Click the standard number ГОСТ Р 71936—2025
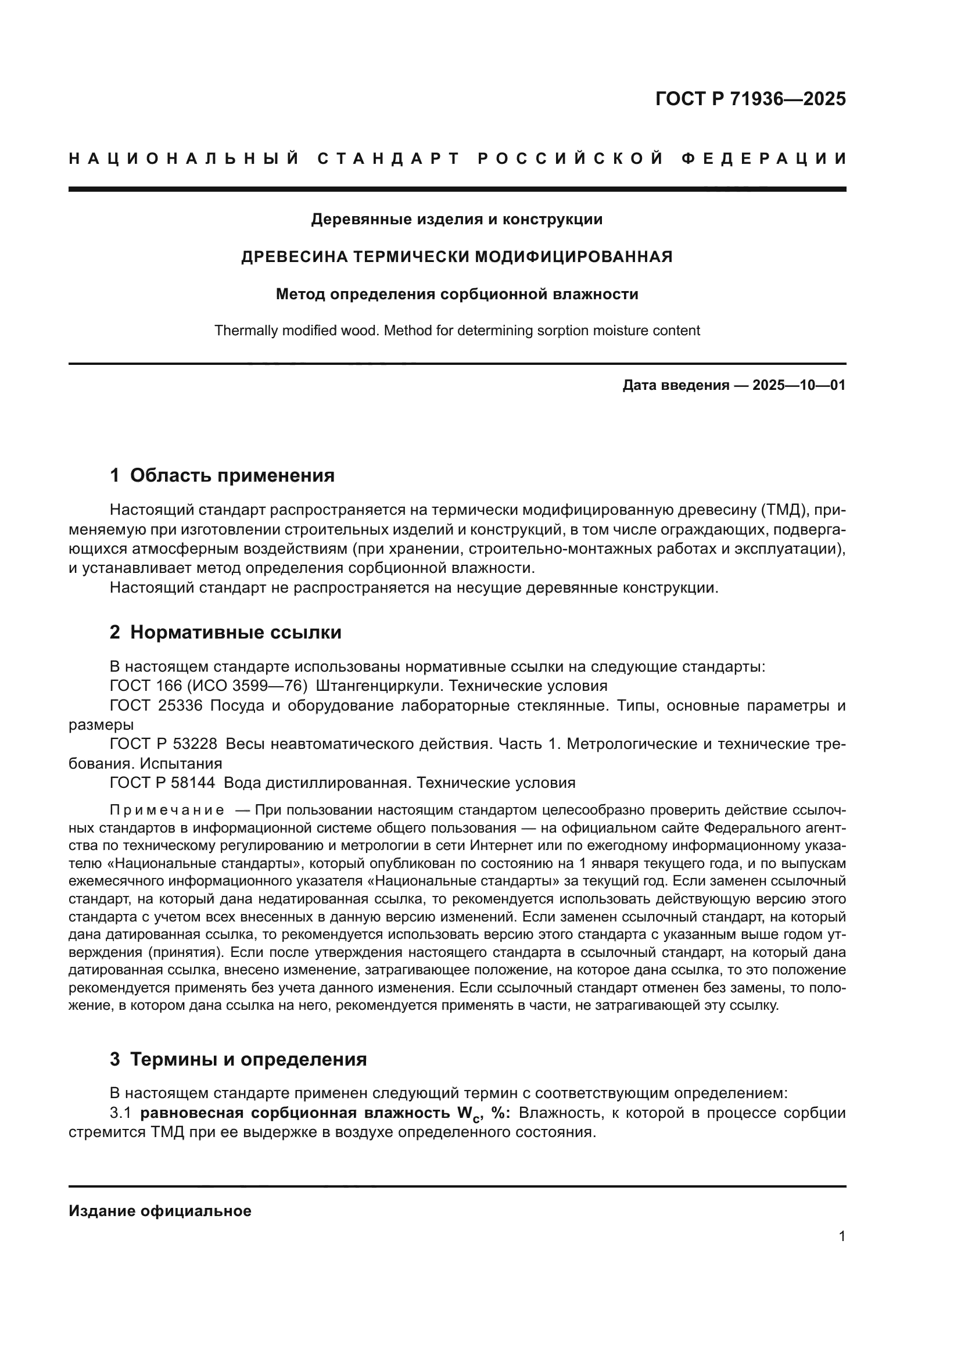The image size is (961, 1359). (750, 99)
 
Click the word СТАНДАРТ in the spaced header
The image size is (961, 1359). (388, 159)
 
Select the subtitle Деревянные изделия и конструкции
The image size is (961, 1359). (456, 220)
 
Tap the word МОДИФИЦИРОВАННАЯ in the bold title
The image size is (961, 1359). (573, 257)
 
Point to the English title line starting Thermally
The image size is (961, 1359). (456, 330)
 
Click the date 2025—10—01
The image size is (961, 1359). (798, 385)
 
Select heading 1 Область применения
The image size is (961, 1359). (222, 475)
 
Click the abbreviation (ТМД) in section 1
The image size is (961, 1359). (780, 510)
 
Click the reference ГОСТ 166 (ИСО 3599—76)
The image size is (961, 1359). (209, 686)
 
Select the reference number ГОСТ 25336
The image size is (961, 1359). (156, 705)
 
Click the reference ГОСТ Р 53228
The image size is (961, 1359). (163, 744)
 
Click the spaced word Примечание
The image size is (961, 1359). (167, 810)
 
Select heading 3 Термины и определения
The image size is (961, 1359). (238, 1059)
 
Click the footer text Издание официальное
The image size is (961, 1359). (160, 1211)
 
